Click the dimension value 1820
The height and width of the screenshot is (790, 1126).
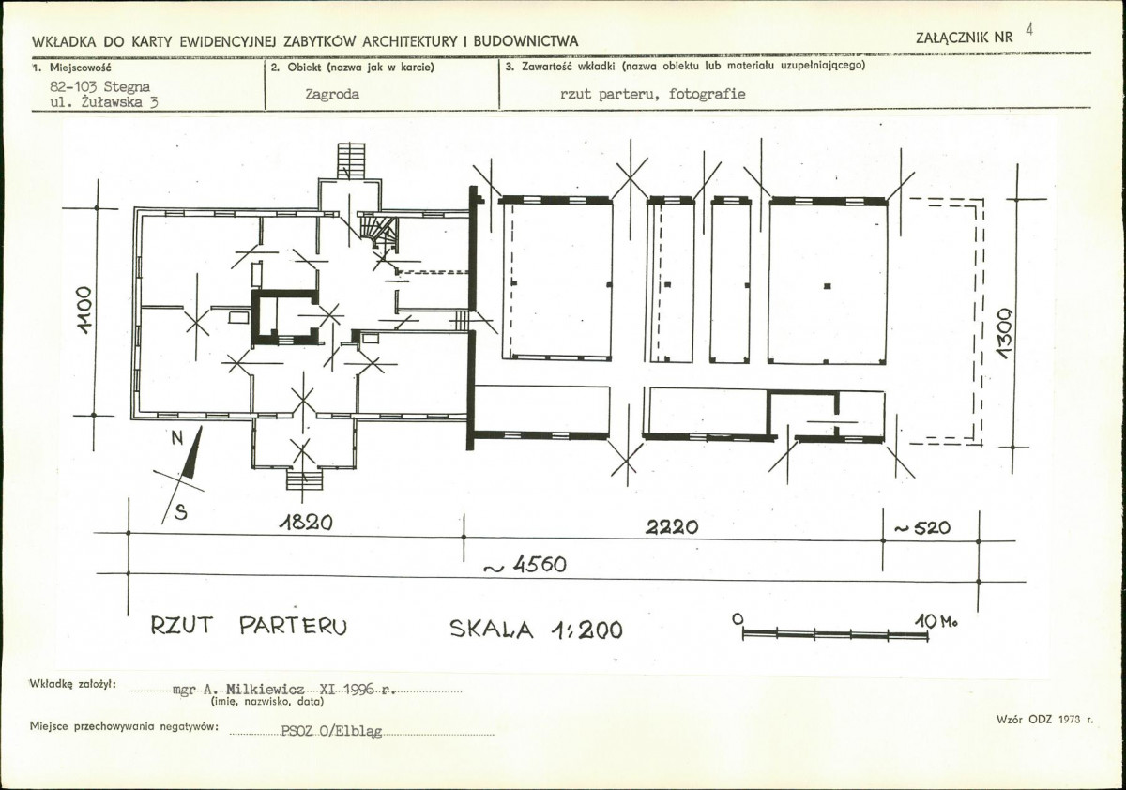(306, 524)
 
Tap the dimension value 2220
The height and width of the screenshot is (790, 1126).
(672, 527)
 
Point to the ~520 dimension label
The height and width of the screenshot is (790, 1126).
(922, 527)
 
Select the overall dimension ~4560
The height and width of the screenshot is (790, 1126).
(525, 565)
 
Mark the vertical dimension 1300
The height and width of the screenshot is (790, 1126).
(1005, 333)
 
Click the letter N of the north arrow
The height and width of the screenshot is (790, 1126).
(177, 439)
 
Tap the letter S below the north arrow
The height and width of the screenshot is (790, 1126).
(181, 512)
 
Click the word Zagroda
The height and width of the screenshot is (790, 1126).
(332, 95)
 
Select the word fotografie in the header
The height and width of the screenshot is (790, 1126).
(708, 94)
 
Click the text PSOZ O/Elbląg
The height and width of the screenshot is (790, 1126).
(332, 731)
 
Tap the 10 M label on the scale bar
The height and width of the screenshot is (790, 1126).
(936, 622)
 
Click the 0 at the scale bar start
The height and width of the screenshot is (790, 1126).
(738, 619)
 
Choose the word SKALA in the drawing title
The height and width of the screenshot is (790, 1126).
(491, 630)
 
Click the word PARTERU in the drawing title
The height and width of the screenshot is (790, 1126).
(293, 626)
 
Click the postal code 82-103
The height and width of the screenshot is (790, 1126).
(73, 86)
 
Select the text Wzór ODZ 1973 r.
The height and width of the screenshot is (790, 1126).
(1044, 720)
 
